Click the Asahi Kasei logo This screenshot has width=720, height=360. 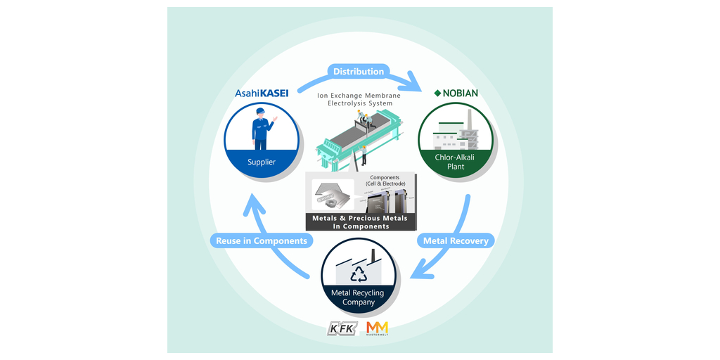pyautogui.click(x=262, y=93)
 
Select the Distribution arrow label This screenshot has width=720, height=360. pyautogui.click(x=359, y=72)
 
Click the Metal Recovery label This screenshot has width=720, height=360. pyautogui.click(x=456, y=240)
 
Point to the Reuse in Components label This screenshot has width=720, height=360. pyautogui.click(x=262, y=240)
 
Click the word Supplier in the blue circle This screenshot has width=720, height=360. pyautogui.click(x=262, y=162)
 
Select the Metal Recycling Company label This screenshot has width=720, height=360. pyautogui.click(x=359, y=297)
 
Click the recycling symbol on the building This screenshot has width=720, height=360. pyautogui.click(x=359, y=273)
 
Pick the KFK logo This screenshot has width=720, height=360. pyautogui.click(x=345, y=329)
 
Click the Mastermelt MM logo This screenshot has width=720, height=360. pyautogui.click(x=377, y=328)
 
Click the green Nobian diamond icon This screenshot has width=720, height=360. pyautogui.click(x=437, y=93)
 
